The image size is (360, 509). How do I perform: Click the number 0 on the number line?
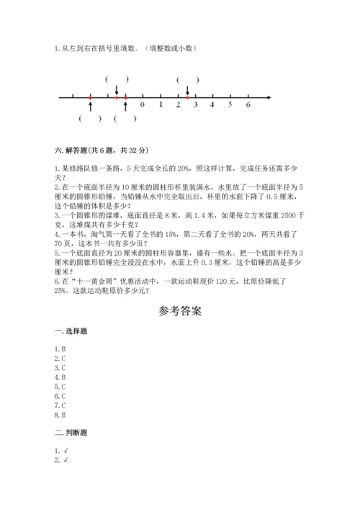coord(142,105)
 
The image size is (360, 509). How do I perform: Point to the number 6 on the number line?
coord(248,105)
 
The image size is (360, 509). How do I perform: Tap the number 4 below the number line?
coord(212,105)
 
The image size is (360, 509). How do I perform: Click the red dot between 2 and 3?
coord(187,96)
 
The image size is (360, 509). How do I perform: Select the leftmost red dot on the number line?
coord(90,96)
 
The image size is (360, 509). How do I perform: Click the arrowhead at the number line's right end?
coord(269,96)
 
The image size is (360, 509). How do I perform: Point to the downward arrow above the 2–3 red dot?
coord(187,90)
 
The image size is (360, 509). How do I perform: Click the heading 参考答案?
coord(179,312)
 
